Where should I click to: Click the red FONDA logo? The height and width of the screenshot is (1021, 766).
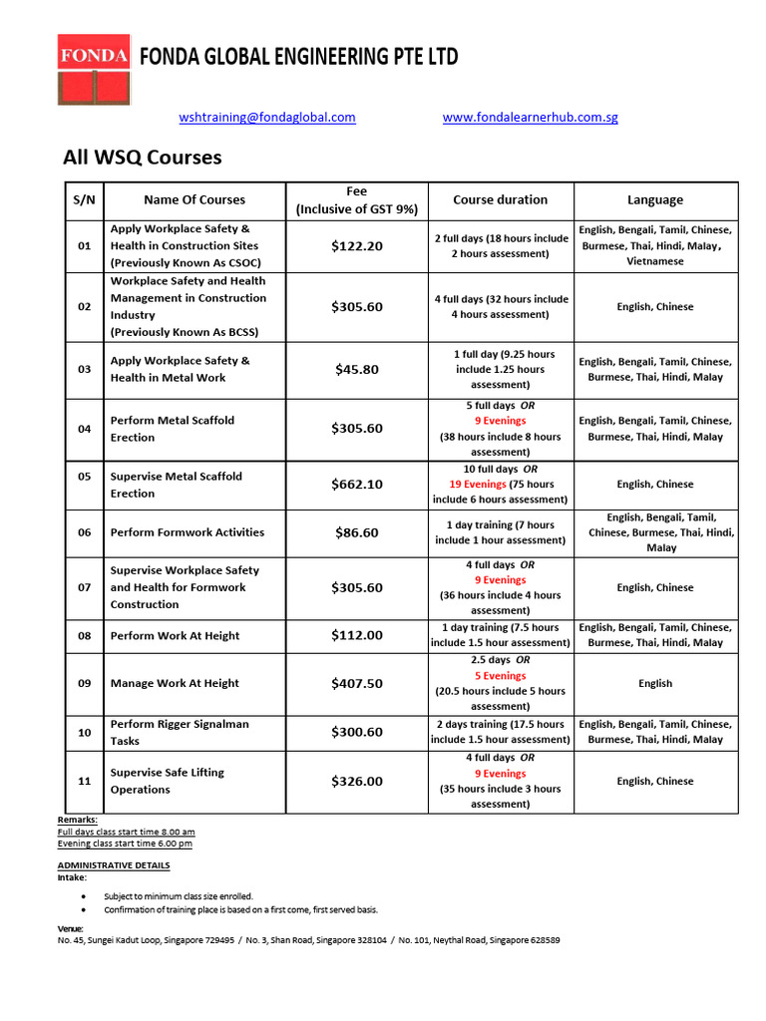[93, 71]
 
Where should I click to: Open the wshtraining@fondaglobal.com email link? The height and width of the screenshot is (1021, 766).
[267, 117]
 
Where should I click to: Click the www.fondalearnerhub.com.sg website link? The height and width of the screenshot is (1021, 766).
[530, 117]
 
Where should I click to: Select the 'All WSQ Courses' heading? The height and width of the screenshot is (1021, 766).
[143, 158]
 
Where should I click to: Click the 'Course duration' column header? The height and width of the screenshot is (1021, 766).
[500, 199]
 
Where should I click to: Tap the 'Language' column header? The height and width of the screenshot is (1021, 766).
[655, 199]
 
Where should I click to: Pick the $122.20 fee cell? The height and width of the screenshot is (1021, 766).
[357, 246]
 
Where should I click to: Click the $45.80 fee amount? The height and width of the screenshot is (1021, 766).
[357, 369]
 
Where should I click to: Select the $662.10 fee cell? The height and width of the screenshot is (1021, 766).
[357, 485]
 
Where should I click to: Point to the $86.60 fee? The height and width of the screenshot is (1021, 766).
[357, 532]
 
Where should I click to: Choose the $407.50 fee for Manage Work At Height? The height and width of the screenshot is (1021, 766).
[357, 684]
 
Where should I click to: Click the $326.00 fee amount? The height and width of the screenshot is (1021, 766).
[357, 782]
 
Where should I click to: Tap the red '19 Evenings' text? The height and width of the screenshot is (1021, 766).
[478, 484]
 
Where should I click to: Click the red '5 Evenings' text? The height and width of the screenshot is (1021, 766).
[500, 675]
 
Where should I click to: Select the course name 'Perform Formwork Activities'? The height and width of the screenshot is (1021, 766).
[188, 532]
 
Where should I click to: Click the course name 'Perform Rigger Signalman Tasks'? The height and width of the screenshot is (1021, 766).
[180, 732]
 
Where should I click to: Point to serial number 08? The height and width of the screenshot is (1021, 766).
[85, 635]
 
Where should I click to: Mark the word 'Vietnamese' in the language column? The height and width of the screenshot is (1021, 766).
[655, 261]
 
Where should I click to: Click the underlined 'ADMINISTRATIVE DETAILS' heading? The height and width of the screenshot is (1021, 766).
[114, 865]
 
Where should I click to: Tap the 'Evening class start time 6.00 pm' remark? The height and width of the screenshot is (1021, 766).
[125, 844]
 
